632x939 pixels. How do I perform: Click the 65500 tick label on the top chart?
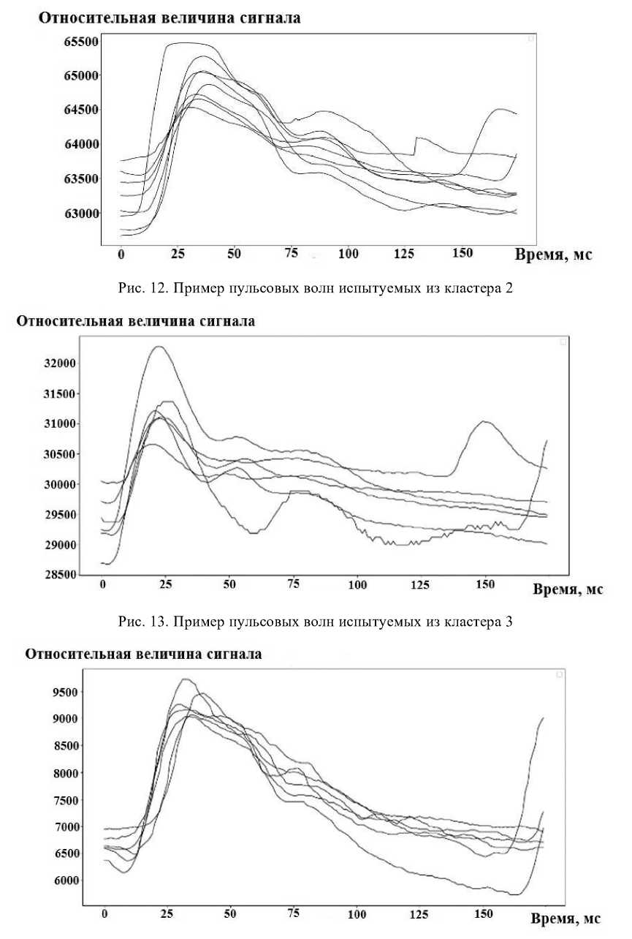80,42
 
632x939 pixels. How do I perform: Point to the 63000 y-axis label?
80,214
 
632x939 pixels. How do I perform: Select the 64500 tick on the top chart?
80,110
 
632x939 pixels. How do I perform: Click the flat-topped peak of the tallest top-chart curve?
190,43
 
